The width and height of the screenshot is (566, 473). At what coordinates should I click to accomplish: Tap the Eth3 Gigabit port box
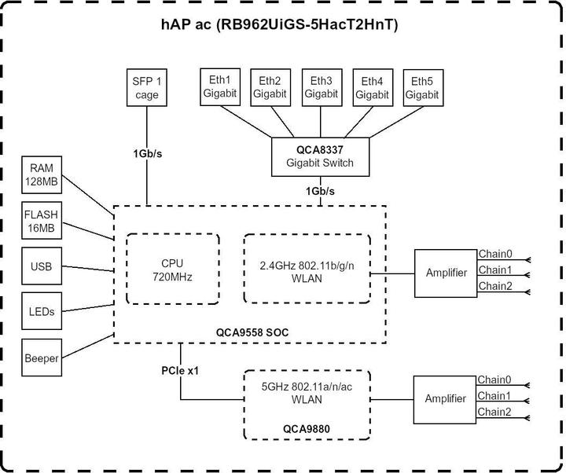321,87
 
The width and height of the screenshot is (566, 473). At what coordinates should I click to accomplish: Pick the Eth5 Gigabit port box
423,87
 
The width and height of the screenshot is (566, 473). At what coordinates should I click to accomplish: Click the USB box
42,267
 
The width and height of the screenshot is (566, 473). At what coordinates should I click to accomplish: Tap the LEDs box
42,312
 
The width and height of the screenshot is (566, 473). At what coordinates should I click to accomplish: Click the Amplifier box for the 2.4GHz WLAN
445,273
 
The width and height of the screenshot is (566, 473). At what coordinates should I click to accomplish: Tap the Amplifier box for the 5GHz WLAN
445,398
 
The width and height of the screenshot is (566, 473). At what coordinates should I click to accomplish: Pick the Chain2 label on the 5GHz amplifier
494,412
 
